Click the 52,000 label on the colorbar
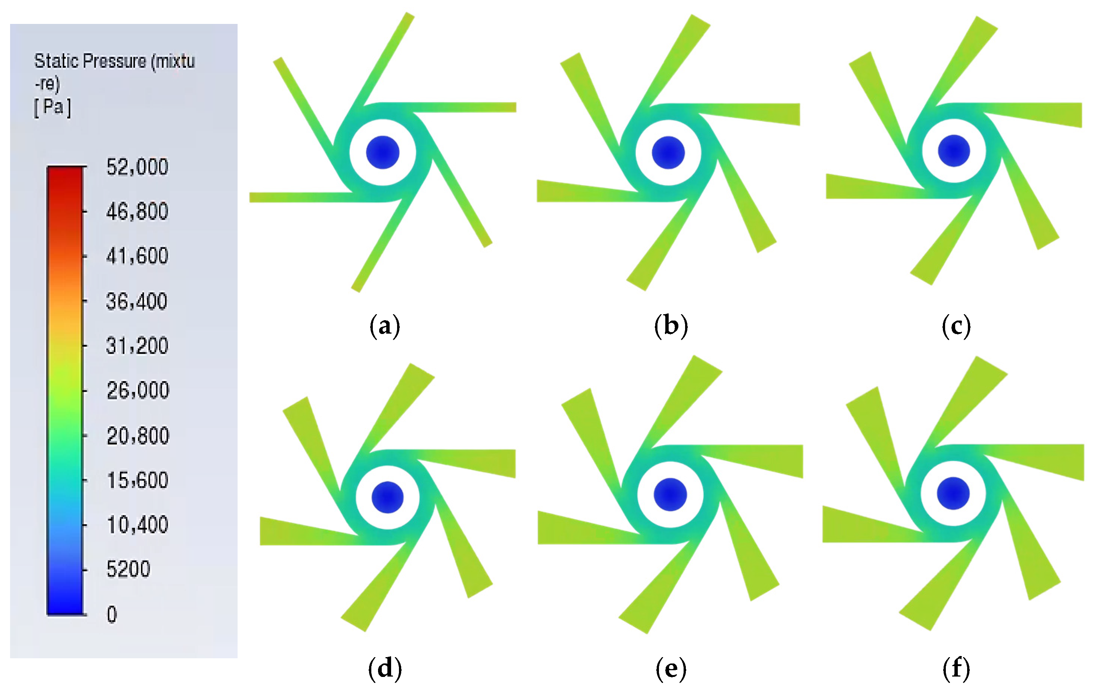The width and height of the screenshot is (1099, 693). point(137,167)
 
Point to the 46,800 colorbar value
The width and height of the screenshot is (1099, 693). point(137,211)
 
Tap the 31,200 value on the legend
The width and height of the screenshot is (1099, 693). point(137,346)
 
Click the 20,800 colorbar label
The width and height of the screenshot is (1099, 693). point(138,436)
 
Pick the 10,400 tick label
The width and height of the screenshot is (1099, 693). point(137,525)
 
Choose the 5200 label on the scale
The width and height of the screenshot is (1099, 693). point(128,569)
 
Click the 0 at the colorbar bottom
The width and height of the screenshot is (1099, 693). point(112,615)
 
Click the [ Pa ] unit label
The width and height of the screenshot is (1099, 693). point(53,107)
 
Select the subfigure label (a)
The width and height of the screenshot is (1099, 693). point(384,326)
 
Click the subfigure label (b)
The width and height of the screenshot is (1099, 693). point(671,326)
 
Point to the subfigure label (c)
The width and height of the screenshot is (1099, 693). point(956,326)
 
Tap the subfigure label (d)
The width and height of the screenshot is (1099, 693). point(384,669)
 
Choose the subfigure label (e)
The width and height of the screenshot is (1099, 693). point(671,669)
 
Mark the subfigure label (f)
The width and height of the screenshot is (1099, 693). point(956,669)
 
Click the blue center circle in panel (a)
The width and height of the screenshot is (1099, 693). point(383,152)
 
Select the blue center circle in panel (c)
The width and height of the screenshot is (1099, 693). point(954,151)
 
